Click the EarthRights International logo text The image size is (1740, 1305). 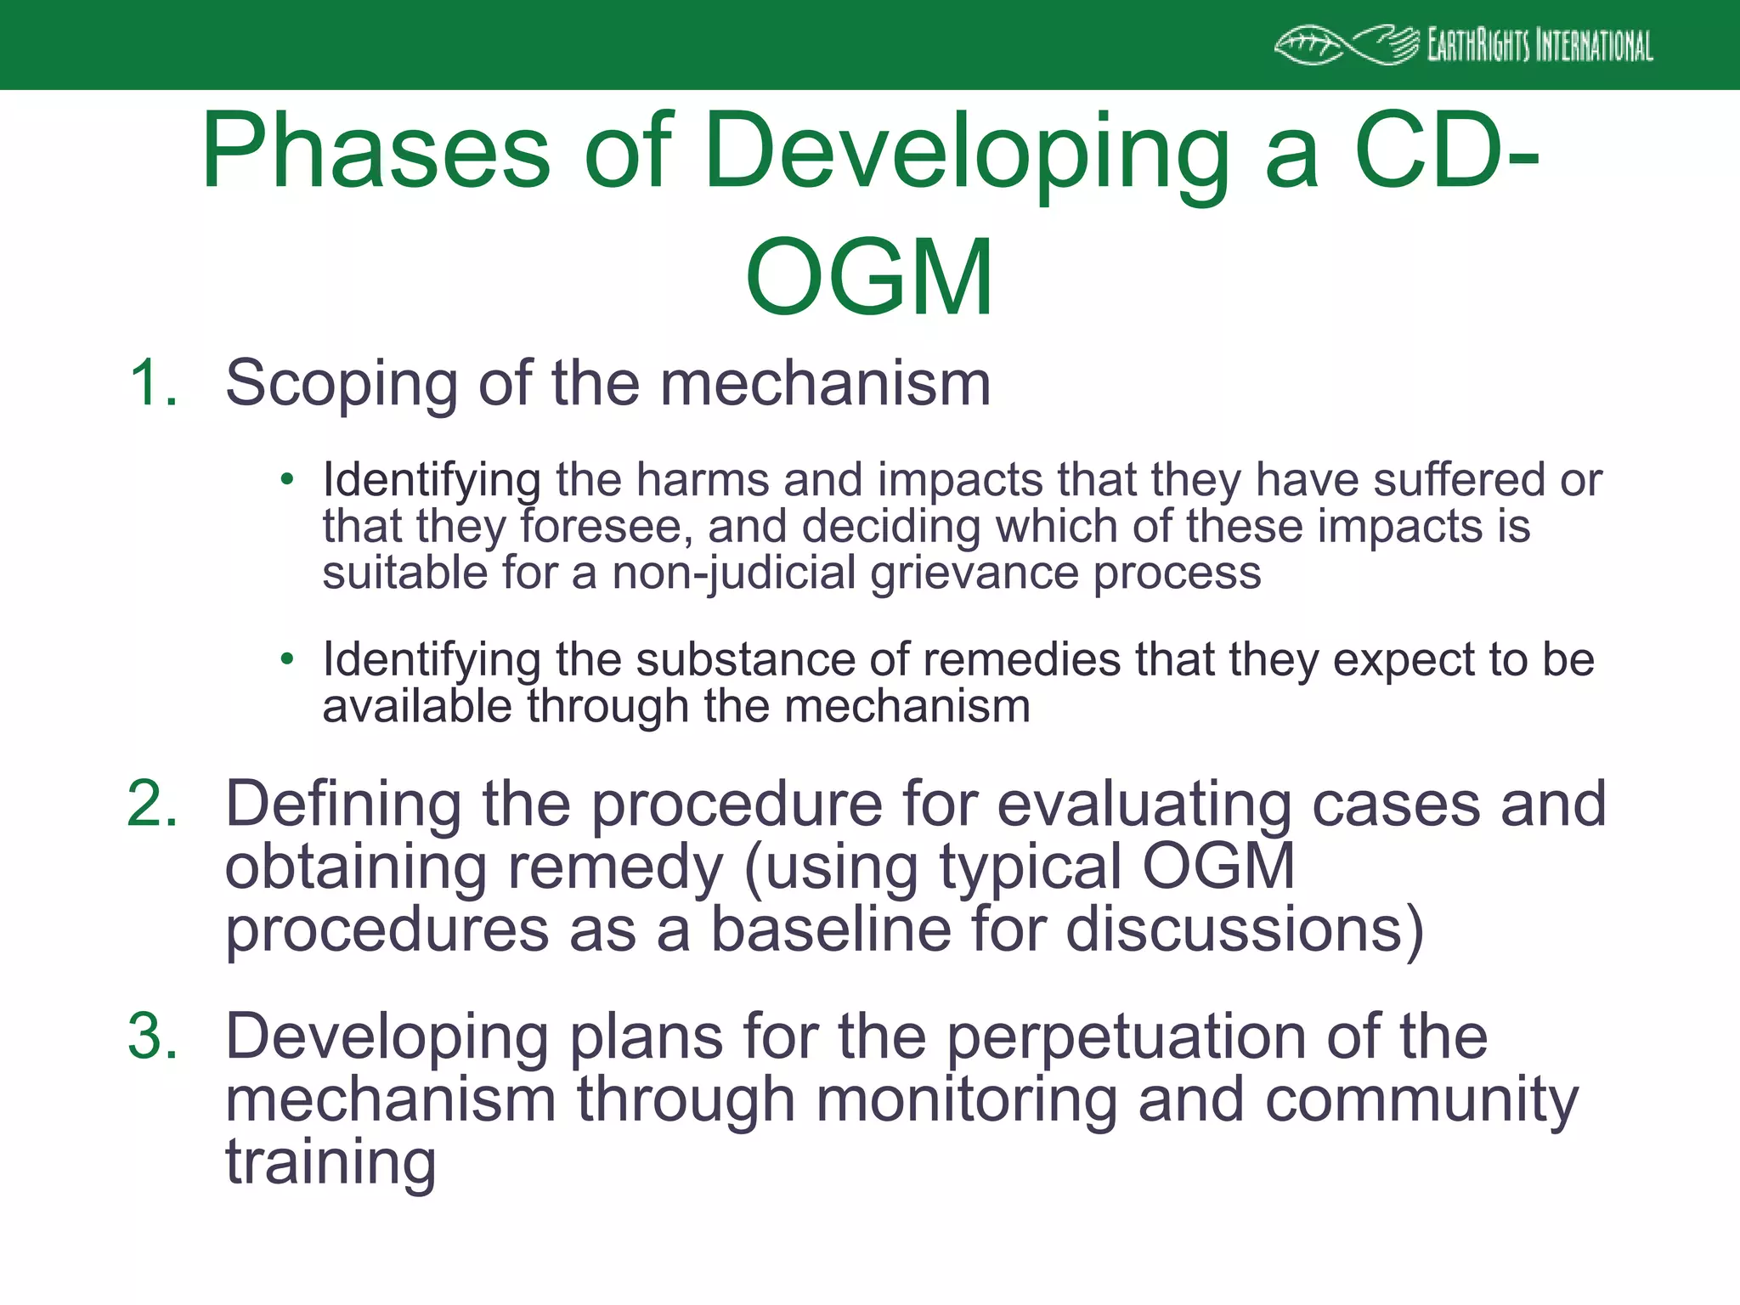(1539, 45)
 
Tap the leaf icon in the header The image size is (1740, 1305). (1308, 46)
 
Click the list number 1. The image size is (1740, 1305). (153, 383)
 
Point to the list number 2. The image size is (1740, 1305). (153, 804)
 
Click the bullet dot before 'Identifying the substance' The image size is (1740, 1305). (287, 658)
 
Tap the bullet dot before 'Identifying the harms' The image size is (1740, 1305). (287, 479)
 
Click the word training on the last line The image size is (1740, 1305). (330, 1163)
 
